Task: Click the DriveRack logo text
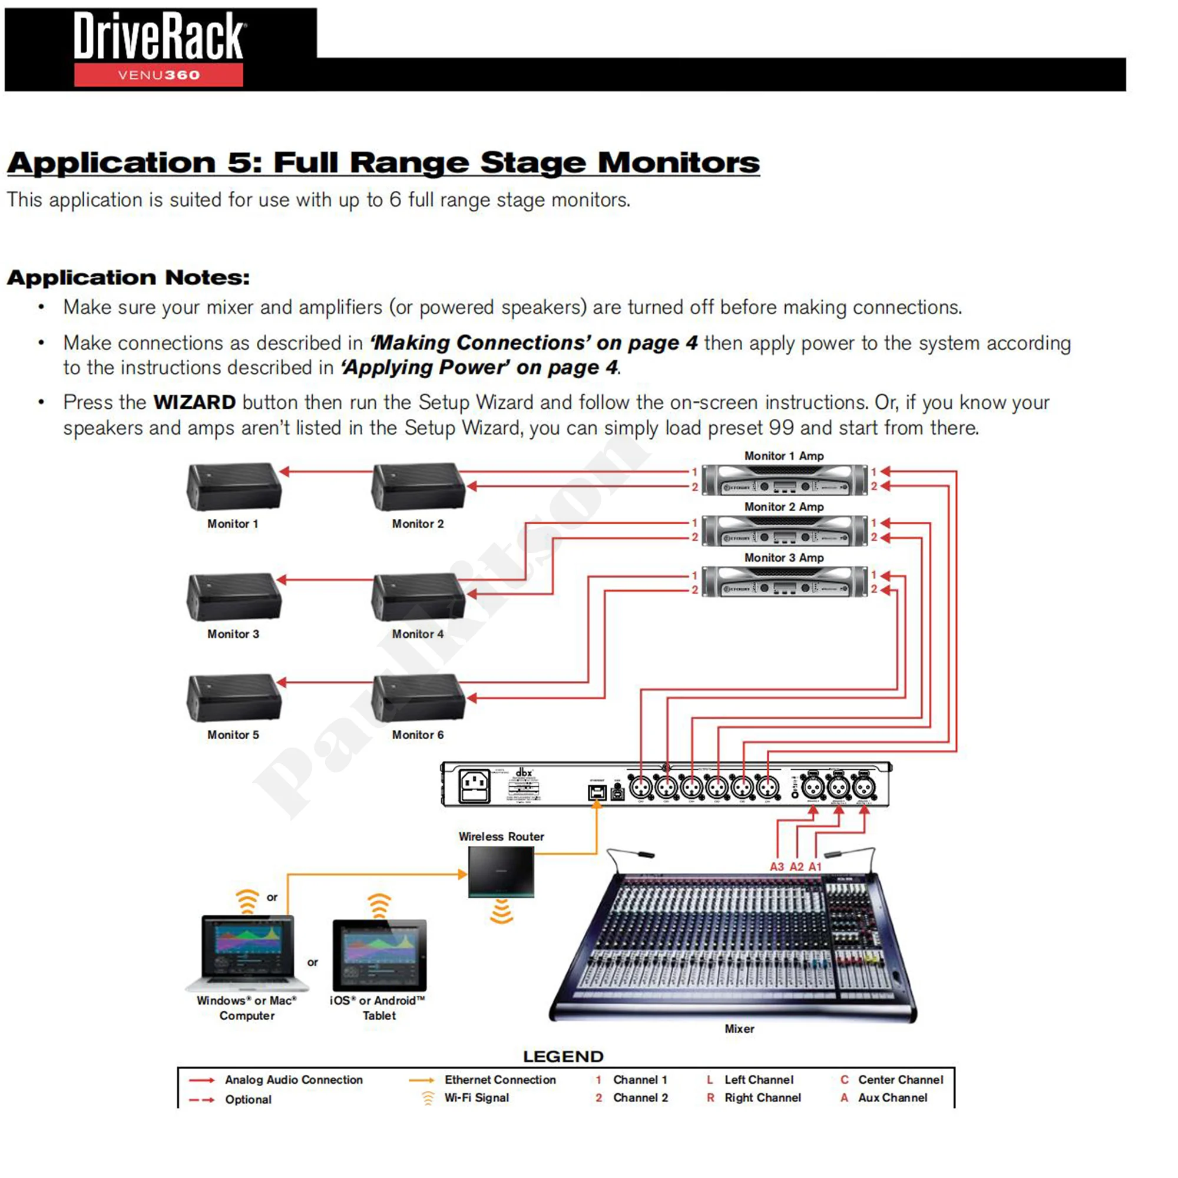click(160, 37)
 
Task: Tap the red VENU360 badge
click(158, 75)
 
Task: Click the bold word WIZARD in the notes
click(194, 402)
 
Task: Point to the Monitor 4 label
click(418, 634)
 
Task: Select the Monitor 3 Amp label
click(783, 557)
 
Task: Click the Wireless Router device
click(501, 872)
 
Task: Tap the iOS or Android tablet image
click(379, 955)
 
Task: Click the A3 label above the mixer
click(776, 866)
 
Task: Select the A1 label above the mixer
click(815, 866)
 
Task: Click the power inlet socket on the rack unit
click(474, 786)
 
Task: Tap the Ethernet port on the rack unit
click(596, 792)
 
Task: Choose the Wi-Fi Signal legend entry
click(476, 1097)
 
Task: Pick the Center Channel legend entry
click(900, 1079)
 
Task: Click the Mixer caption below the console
click(739, 1028)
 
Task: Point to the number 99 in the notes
click(781, 428)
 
